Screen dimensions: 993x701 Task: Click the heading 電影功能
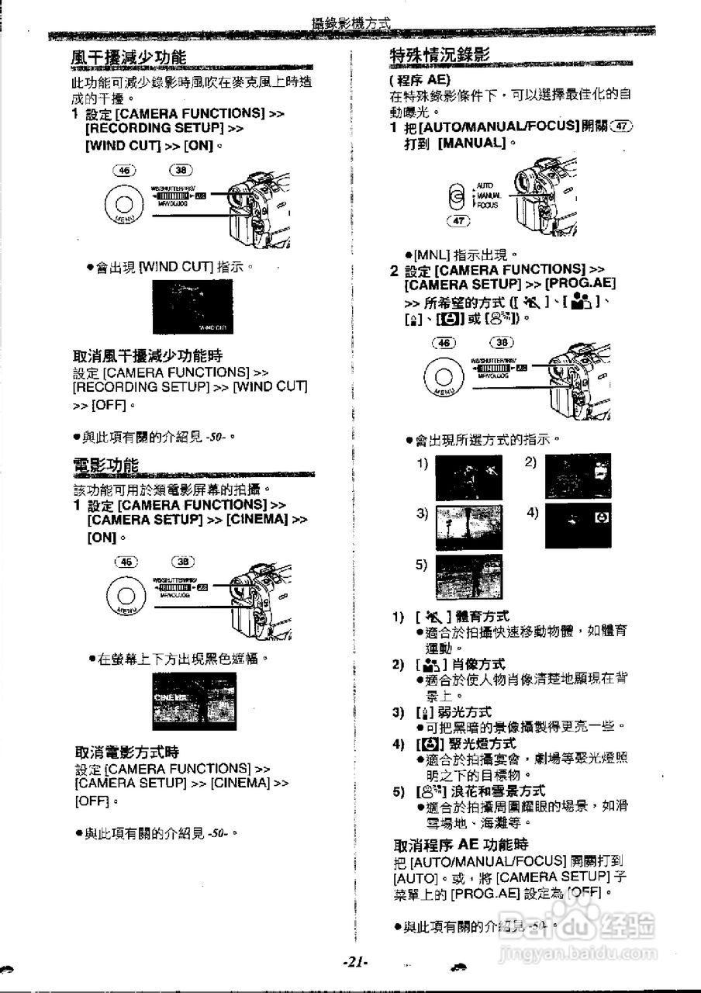click(x=105, y=465)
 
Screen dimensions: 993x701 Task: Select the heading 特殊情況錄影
click(x=439, y=55)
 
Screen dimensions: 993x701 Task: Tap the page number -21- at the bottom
click(x=354, y=961)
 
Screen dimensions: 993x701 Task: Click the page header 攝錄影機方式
click(x=350, y=23)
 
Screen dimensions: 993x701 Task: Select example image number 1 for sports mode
click(x=468, y=477)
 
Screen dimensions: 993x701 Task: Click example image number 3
click(x=468, y=528)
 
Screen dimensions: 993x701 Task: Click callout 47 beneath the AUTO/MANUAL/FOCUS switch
click(x=458, y=221)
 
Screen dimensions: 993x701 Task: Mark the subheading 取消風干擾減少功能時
click(x=147, y=356)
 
